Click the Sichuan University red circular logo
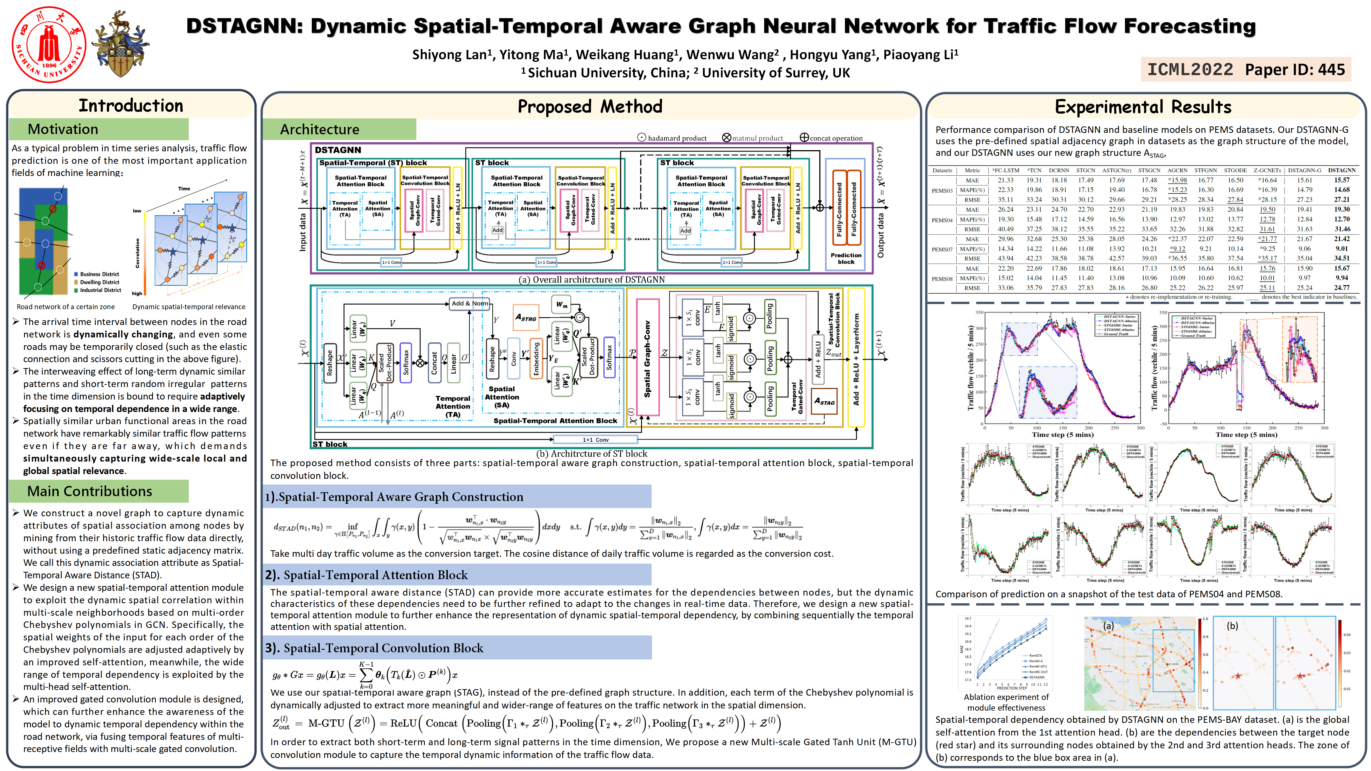tap(49, 45)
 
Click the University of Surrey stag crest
tap(120, 45)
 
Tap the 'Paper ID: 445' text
tap(1294, 70)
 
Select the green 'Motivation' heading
tap(63, 129)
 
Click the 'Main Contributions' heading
tap(89, 491)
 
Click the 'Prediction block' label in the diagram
tap(846, 259)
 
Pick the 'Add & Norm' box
tap(469, 303)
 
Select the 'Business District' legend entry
tap(99, 274)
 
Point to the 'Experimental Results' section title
tap(1143, 107)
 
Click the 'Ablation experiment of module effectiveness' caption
tap(1006, 702)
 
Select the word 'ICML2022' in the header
tap(1190, 70)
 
